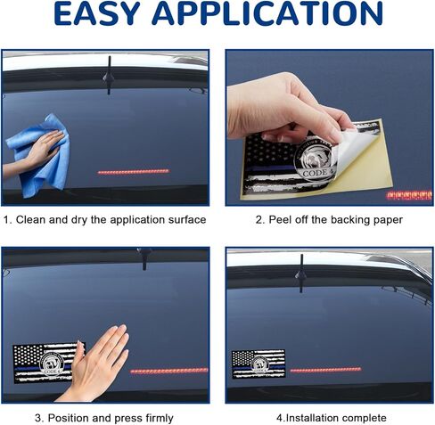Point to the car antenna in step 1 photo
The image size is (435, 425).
tap(107, 77)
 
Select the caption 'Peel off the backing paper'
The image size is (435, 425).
tap(327, 219)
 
